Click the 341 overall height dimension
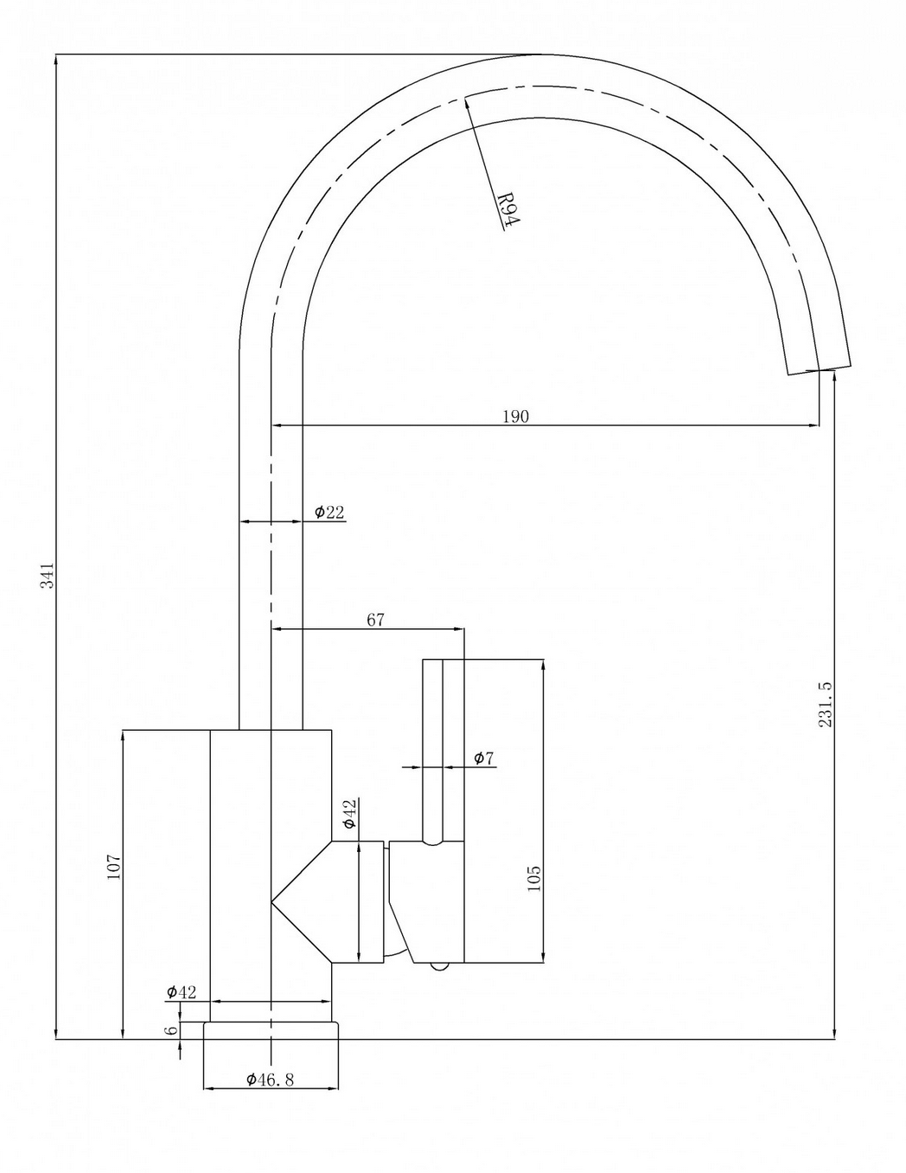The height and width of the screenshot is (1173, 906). click(x=48, y=575)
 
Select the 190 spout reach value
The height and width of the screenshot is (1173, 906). click(x=515, y=416)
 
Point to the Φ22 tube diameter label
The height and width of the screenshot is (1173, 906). click(x=329, y=512)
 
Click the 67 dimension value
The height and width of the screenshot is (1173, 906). click(x=375, y=619)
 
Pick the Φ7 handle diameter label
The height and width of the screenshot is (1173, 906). click(x=484, y=759)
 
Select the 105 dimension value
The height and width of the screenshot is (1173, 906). click(x=533, y=878)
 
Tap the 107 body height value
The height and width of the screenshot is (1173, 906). click(x=114, y=867)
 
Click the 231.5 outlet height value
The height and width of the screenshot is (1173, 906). click(x=825, y=704)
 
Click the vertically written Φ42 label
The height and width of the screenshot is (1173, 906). click(x=349, y=814)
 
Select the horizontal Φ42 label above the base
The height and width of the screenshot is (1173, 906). click(x=182, y=991)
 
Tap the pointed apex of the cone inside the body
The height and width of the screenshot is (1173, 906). click(x=273, y=902)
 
